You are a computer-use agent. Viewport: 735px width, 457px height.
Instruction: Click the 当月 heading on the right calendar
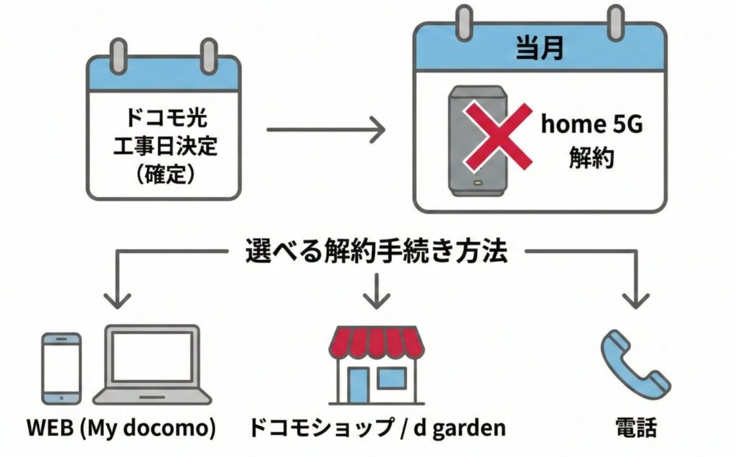click(x=539, y=50)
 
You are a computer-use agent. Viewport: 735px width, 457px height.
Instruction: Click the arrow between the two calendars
click(x=327, y=131)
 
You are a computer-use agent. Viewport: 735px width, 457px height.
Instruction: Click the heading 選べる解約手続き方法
click(x=378, y=251)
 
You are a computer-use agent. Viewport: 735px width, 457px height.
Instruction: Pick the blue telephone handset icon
click(x=633, y=362)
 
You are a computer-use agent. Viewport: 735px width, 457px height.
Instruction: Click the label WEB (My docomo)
click(x=121, y=428)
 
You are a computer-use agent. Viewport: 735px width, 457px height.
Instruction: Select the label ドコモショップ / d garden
click(x=377, y=428)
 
